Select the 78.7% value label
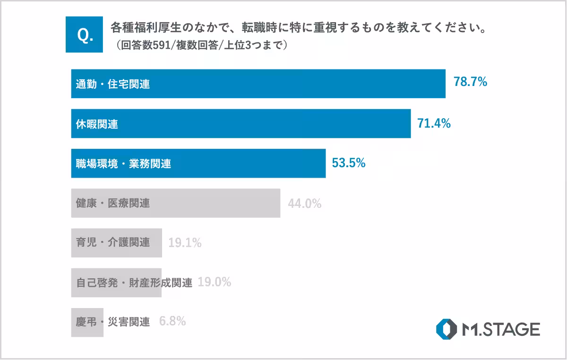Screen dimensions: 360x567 470,83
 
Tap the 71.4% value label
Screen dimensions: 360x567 434,123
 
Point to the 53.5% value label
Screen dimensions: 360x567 349,163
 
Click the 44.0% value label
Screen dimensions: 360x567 304,204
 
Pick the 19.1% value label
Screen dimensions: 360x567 185,243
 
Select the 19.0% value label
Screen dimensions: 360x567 214,283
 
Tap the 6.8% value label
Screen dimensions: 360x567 172,322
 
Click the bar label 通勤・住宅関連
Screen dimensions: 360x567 113,85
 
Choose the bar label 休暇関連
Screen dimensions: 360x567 97,124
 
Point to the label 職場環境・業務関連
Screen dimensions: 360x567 123,164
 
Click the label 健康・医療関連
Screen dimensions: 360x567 113,204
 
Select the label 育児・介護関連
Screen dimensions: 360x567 113,243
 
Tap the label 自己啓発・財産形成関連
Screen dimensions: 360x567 134,283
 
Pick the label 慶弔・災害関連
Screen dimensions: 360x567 113,322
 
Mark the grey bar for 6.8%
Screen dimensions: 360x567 87,322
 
